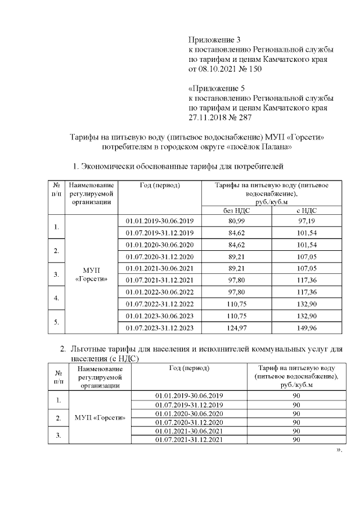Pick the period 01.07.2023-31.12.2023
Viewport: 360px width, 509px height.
pyautogui.click(x=160, y=328)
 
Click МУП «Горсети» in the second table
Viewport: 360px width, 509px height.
pyautogui.click(x=99, y=417)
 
